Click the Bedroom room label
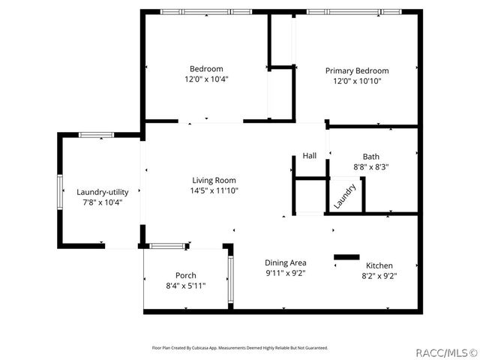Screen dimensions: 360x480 pos(206,69)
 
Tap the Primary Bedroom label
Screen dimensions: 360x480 pos(357,70)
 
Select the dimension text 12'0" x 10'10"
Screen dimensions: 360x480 pos(357,81)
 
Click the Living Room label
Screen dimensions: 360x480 pos(214,180)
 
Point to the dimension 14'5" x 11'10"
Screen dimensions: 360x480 pos(214,190)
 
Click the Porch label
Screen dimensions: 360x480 pos(186,275)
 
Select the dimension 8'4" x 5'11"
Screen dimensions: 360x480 pos(186,286)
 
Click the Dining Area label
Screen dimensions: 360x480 pos(285,262)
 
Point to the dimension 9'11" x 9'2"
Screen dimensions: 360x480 pos(285,273)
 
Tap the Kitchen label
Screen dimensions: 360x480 pos(379,265)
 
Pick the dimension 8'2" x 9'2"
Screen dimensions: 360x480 pos(379,276)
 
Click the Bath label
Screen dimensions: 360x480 pos(370,157)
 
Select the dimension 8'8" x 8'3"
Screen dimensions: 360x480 pos(370,167)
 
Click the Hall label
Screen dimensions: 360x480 pos(310,156)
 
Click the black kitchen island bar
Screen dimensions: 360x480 pos(346,257)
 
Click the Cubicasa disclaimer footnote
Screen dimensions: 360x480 pos(239,348)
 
